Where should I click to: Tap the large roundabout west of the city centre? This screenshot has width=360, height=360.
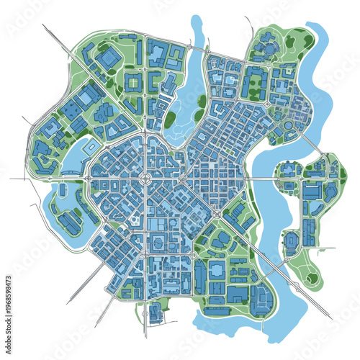pos(144,177)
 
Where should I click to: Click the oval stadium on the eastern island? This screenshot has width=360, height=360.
pos(292,240)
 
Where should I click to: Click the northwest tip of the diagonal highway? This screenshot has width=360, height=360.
pos(45,27)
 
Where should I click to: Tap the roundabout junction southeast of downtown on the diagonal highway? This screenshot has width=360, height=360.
pos(217,214)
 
